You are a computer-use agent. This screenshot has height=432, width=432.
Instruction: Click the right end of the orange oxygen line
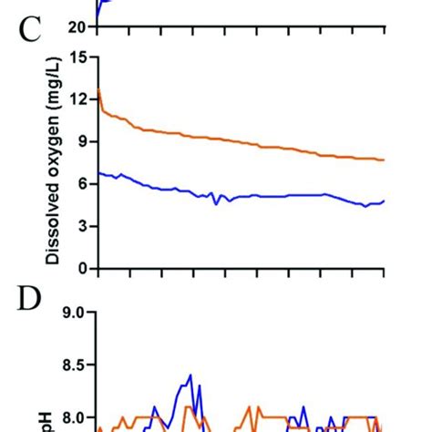[x=384, y=159]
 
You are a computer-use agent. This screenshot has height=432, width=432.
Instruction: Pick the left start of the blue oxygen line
[x=98, y=173]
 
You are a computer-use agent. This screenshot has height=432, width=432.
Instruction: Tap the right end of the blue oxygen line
[x=384, y=201]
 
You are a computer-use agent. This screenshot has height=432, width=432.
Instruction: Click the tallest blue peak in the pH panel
[x=190, y=375]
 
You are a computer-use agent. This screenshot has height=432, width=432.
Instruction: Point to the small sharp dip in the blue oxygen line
[x=216, y=203]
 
